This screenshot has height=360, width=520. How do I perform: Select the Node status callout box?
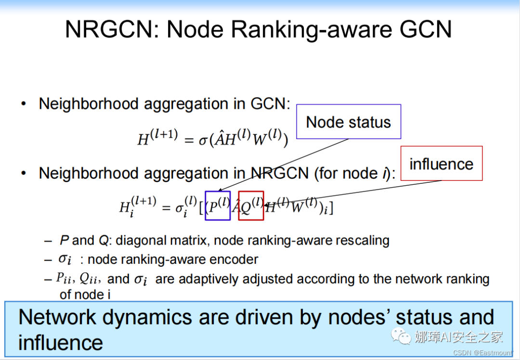pos(348,122)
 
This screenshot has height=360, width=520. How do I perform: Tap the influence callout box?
pos(441,164)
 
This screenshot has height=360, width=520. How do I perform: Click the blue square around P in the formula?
pos(218,206)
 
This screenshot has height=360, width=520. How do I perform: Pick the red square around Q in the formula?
pos(251,206)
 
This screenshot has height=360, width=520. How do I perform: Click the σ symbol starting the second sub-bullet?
pos(65,259)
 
